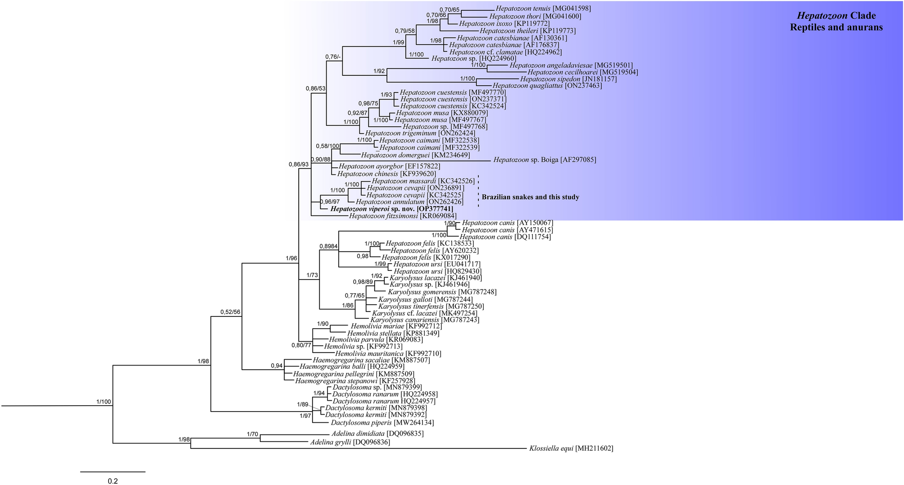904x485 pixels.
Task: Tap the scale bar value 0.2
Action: coord(113,481)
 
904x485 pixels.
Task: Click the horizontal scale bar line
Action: coord(113,471)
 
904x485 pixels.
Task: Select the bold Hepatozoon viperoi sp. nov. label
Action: coord(391,209)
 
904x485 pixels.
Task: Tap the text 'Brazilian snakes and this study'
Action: coord(530,197)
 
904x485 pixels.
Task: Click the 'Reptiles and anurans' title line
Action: coord(836,27)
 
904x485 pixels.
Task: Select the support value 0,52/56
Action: coord(230,312)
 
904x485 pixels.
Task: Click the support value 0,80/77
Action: coord(301,346)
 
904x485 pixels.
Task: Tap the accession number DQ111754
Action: coord(533,237)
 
